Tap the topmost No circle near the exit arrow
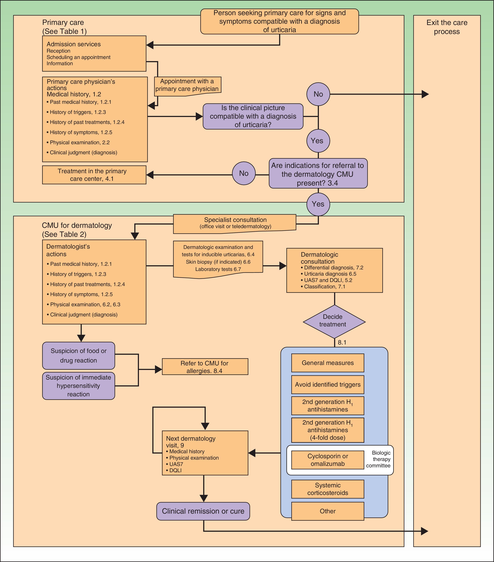tap(318, 94)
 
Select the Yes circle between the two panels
tap(318, 204)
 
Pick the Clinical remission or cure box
tap(203, 511)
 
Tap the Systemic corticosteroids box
tap(327, 489)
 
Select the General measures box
tap(327, 363)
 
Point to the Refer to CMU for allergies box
tap(205, 367)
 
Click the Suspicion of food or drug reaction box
tap(78, 356)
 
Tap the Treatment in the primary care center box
tap(94, 175)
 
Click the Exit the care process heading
tap(447, 27)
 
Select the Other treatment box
tap(327, 511)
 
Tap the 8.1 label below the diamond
tap(342, 343)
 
